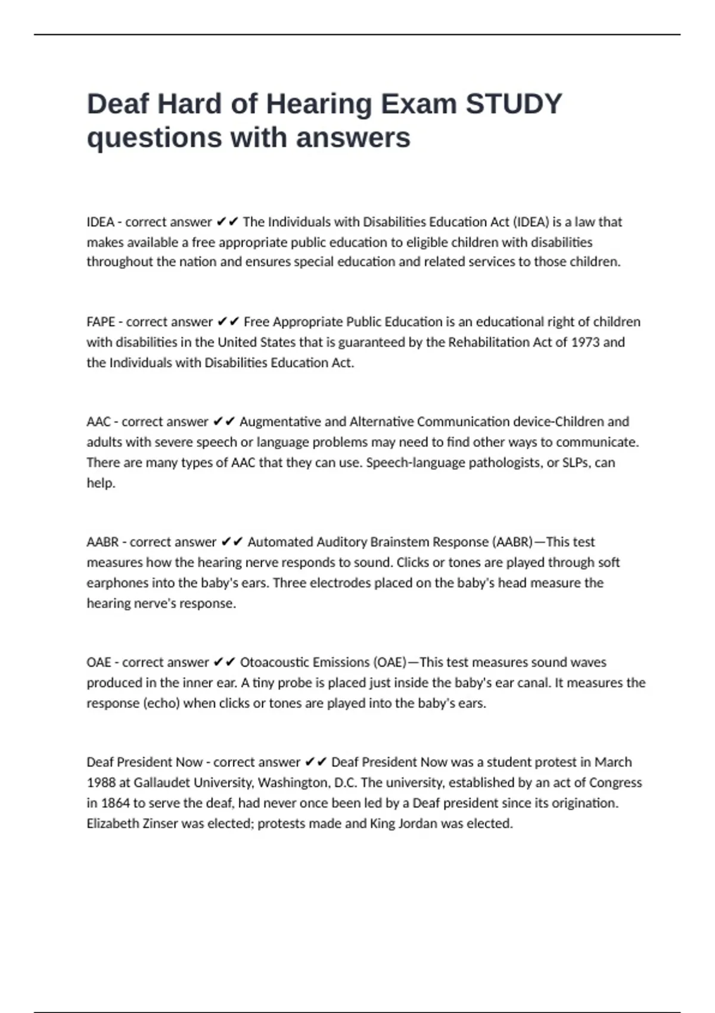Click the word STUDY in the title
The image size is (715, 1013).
(514, 104)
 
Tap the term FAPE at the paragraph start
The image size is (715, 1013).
(101, 322)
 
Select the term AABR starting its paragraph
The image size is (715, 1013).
(102, 542)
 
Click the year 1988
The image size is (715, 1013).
(101, 783)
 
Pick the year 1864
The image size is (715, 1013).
(115, 803)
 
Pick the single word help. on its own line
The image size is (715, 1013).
(101, 483)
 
